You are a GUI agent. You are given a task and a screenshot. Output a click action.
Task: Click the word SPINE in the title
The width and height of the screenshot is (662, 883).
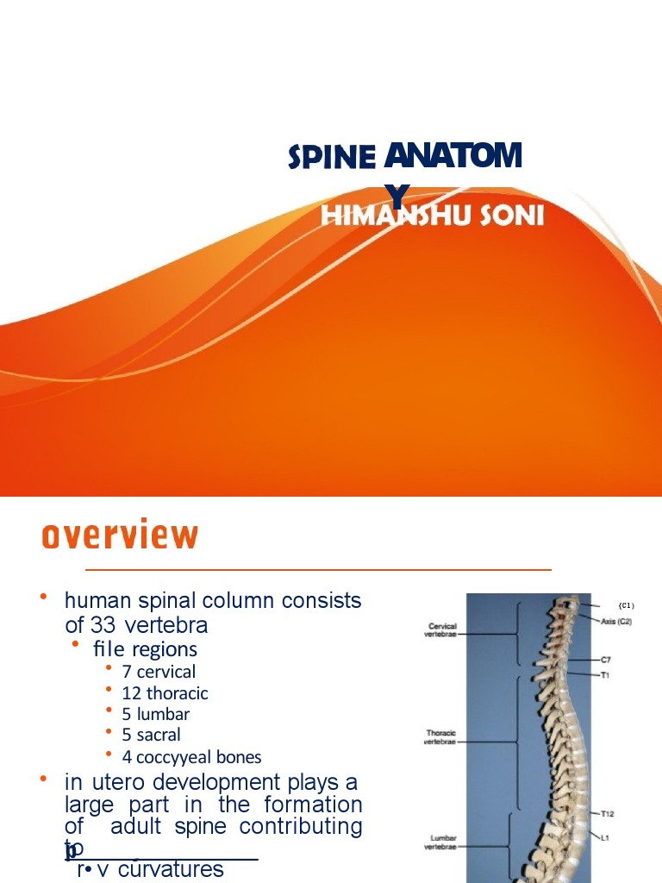331,158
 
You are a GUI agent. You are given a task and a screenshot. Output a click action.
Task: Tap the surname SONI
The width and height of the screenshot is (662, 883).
513,215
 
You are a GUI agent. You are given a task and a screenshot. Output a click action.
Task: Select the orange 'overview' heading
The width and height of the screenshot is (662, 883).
120,535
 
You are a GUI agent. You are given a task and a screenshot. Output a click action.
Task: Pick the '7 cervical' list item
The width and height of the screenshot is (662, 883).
159,671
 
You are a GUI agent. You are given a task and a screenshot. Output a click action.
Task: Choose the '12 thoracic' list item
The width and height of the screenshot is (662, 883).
165,692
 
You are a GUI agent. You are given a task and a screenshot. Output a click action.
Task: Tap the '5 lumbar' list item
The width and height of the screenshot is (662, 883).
155,714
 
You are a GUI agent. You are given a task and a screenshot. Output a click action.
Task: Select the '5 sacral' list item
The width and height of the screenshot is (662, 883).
151,735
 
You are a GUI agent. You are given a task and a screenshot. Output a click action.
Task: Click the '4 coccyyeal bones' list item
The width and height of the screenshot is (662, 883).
191,757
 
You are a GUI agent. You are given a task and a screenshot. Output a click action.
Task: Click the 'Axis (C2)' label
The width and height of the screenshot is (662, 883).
615,622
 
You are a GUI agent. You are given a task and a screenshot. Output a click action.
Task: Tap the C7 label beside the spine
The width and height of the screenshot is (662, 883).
606,660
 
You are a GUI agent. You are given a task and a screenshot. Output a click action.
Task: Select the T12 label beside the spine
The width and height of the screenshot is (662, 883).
609,813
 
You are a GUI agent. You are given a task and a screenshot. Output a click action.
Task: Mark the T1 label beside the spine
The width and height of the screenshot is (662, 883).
605,675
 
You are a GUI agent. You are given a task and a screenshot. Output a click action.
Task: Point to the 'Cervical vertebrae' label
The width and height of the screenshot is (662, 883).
440,630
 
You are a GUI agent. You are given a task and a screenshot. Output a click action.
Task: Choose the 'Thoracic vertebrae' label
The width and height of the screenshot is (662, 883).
440,737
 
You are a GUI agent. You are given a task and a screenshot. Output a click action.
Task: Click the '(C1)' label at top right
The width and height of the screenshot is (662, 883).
627,605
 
